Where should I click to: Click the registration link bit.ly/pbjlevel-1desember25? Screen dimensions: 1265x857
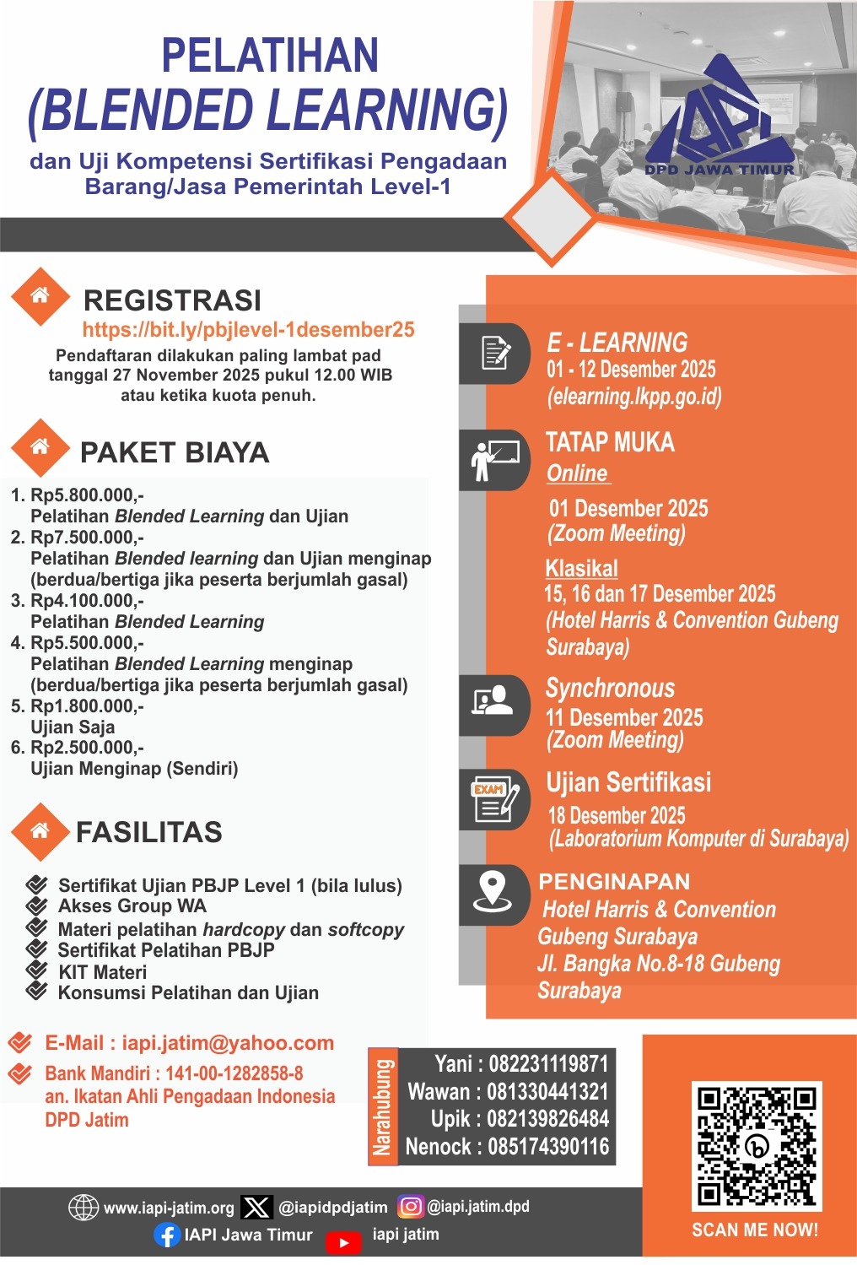(249, 330)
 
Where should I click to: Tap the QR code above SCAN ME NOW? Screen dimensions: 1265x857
(756, 1145)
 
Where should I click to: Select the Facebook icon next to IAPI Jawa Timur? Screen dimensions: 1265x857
(167, 1235)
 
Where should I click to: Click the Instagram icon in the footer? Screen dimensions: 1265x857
(411, 1207)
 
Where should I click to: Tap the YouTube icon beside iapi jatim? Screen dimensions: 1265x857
(343, 1242)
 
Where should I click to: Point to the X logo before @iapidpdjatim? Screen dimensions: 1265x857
(256, 1208)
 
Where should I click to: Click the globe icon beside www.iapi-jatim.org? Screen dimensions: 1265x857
(83, 1208)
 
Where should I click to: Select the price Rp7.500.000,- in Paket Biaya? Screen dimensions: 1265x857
(87, 538)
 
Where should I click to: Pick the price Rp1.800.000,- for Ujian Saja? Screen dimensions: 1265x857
(87, 706)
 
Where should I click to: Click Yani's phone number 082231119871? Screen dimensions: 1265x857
(548, 1063)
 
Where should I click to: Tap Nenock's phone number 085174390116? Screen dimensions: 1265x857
(548, 1147)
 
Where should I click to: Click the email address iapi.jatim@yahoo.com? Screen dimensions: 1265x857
(228, 1043)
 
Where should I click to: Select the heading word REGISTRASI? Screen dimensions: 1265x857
(172, 300)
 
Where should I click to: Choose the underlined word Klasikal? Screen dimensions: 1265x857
(581, 568)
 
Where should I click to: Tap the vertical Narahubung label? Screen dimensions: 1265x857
(383, 1106)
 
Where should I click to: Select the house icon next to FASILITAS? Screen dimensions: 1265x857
(40, 831)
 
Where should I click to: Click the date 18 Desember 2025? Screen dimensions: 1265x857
(617, 815)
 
